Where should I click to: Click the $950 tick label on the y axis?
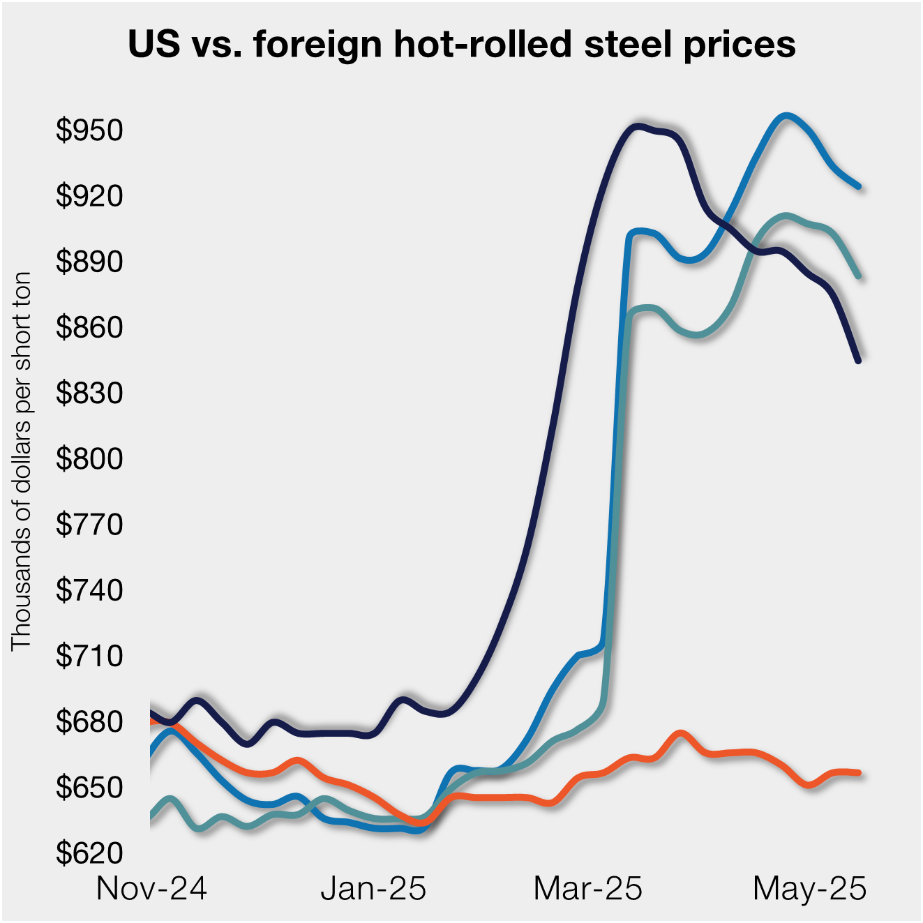[x=89, y=130]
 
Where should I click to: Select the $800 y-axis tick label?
[x=89, y=458]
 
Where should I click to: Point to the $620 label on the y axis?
[x=89, y=853]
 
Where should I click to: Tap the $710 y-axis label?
[x=89, y=656]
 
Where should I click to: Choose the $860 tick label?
[x=89, y=327]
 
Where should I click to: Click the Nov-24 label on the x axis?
[x=151, y=888]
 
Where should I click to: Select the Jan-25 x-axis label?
[x=373, y=888]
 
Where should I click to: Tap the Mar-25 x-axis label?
[x=587, y=888]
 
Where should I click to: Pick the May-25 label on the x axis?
[x=809, y=888]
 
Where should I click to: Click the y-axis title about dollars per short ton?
[x=22, y=460]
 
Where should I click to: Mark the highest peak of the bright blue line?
[x=786, y=116]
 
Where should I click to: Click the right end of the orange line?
[x=859, y=772]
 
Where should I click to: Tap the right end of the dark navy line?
[x=858, y=360]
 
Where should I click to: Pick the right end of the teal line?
[x=859, y=276]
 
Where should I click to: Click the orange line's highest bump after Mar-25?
[x=681, y=733]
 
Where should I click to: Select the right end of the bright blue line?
[x=859, y=186]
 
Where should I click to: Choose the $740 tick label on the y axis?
[x=89, y=590]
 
